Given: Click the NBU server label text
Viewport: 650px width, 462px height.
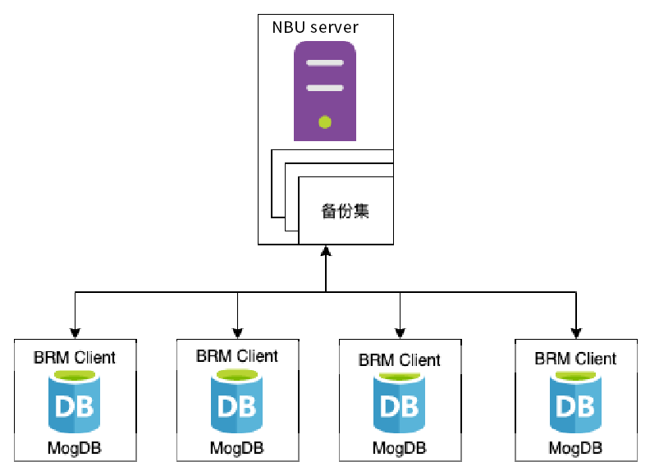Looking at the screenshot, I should point(315,27).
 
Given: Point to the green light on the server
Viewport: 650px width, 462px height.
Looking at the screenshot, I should point(325,122).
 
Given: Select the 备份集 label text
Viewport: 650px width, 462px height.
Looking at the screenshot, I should point(345,211).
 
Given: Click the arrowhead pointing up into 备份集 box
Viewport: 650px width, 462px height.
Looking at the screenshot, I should point(326,251).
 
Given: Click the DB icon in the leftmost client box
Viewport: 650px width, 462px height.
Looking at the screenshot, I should point(75,404).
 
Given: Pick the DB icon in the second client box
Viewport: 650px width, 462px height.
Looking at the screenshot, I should point(237,404).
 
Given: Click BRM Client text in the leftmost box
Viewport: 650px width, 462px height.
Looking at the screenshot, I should point(75,358).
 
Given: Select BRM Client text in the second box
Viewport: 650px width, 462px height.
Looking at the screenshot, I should point(237,356).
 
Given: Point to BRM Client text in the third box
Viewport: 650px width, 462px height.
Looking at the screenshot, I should point(400,359).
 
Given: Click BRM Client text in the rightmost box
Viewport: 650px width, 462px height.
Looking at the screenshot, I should point(575,359).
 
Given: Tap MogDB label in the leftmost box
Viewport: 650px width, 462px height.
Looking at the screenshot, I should point(75,448).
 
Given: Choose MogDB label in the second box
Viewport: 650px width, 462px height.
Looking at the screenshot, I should point(237,448).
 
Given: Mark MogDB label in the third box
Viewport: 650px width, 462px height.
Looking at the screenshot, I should point(400,448).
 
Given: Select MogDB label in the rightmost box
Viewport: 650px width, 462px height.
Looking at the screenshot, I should point(575,448).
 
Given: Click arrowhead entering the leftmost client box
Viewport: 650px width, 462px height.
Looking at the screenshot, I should point(75,332).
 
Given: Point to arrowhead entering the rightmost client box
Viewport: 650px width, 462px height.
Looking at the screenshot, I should point(575,332).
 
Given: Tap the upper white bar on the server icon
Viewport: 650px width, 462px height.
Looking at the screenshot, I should point(325,63).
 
